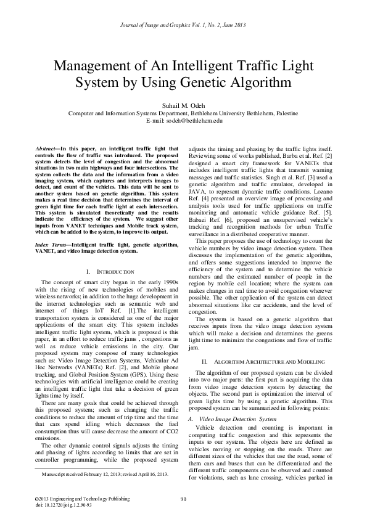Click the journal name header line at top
pos(183,24)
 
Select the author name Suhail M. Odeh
pos(183,105)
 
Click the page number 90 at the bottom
pos(183,499)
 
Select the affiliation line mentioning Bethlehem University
pos(183,114)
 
